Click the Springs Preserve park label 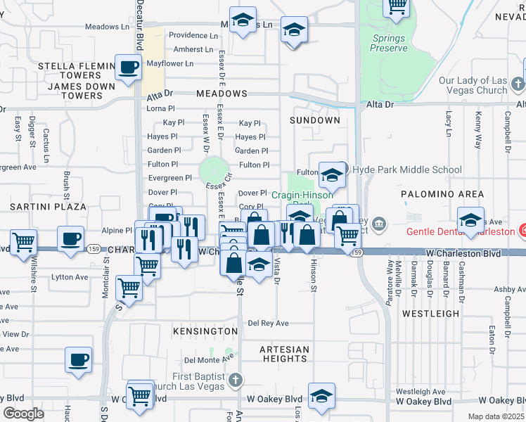coord(389,43)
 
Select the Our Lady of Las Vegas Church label coord(473,85)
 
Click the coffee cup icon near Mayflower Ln coord(128,68)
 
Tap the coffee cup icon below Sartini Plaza coord(71,239)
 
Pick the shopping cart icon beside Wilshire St coord(24,243)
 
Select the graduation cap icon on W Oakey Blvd coord(321,396)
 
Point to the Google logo coord(23,414)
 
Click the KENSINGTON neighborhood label coord(205,331)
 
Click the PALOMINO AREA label coord(442,193)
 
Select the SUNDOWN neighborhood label coord(314,120)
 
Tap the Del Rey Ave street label coord(269,324)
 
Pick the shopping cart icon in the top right coord(397,7)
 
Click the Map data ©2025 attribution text coord(496,416)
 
